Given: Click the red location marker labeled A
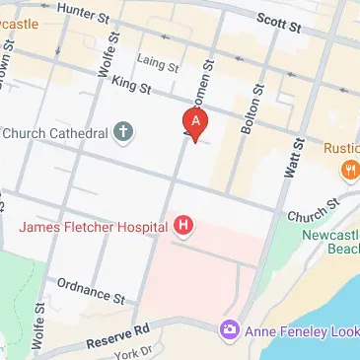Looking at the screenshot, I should pyautogui.click(x=196, y=123).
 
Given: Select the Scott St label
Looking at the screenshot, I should pyautogui.click(x=277, y=20).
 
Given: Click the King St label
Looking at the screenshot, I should pyautogui.click(x=130, y=88).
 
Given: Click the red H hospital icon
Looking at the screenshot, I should pyautogui.click(x=182, y=227).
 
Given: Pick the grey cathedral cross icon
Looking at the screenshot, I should pyautogui.click(x=124, y=132).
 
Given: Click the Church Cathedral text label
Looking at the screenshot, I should pyautogui.click(x=53, y=133).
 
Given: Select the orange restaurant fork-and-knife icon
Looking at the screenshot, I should pyautogui.click(x=348, y=171).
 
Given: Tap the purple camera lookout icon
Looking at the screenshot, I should pyautogui.click(x=230, y=328).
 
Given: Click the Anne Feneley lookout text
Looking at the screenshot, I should pyautogui.click(x=301, y=329).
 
